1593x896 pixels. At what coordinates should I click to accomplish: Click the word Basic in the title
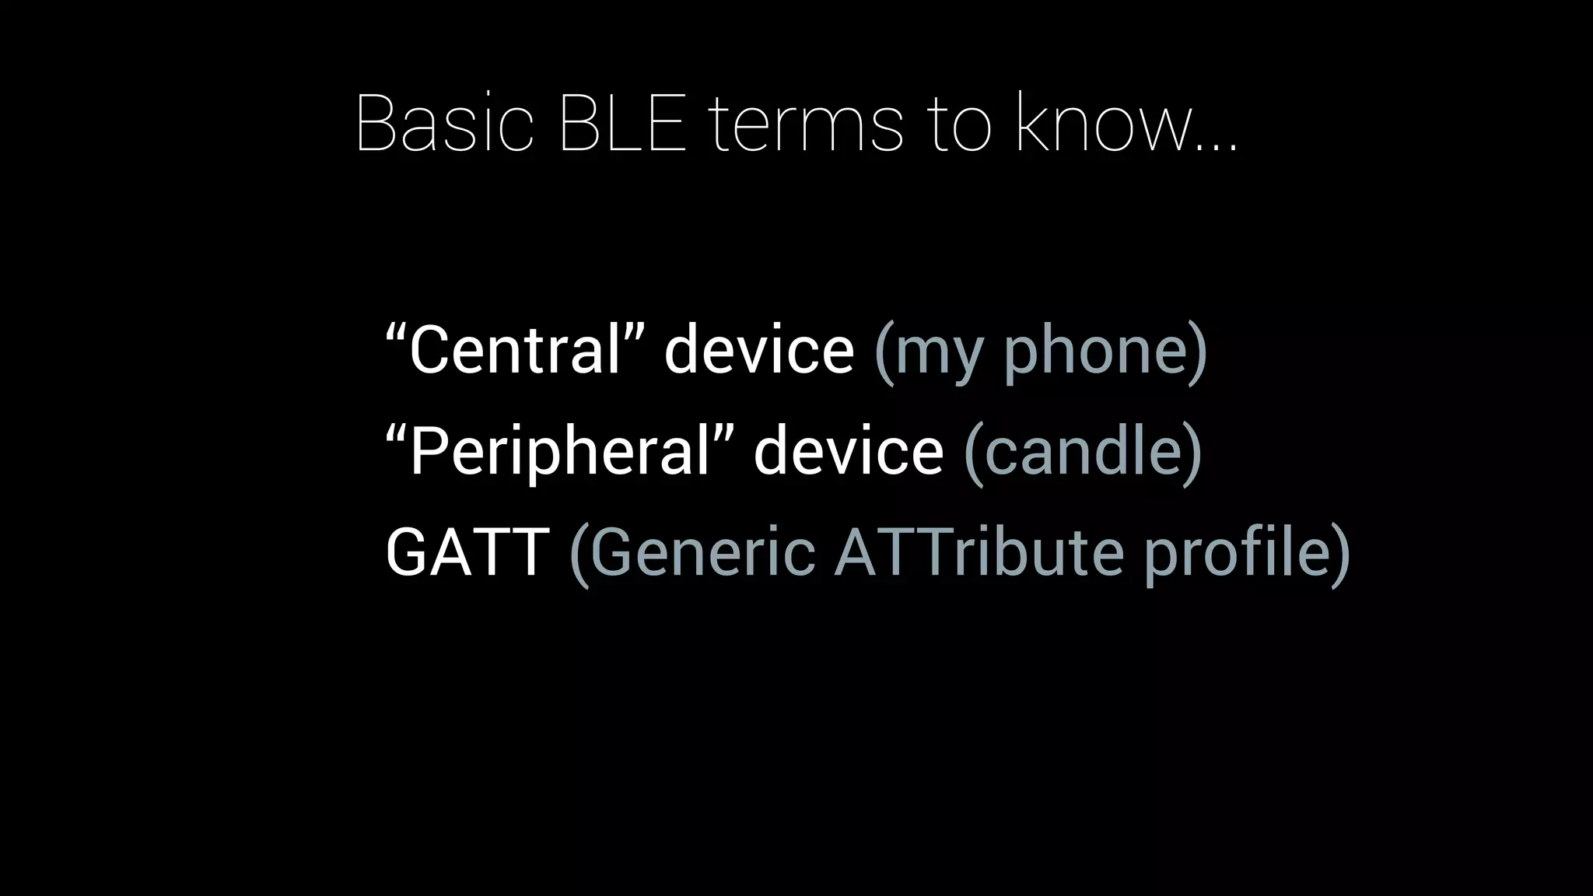point(444,124)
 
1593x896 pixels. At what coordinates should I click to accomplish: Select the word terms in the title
point(806,124)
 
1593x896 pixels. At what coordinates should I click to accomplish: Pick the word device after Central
point(758,350)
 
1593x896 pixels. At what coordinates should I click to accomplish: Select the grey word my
point(939,355)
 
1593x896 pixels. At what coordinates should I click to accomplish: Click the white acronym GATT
point(467,552)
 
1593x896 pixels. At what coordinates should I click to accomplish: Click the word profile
point(1238,554)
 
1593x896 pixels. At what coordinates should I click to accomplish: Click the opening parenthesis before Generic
point(578,554)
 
